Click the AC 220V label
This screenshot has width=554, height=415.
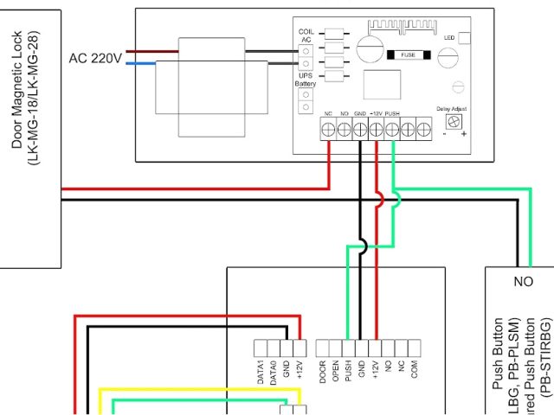click(x=95, y=58)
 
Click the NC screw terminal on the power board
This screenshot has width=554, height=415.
click(x=328, y=130)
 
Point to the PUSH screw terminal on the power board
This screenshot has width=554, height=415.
click(x=392, y=130)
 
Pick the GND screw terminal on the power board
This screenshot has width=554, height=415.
click(x=360, y=130)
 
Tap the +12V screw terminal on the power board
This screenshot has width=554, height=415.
click(x=377, y=130)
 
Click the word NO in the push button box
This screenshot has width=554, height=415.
click(x=523, y=281)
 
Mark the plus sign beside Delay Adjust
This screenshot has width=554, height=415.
click(x=464, y=135)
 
